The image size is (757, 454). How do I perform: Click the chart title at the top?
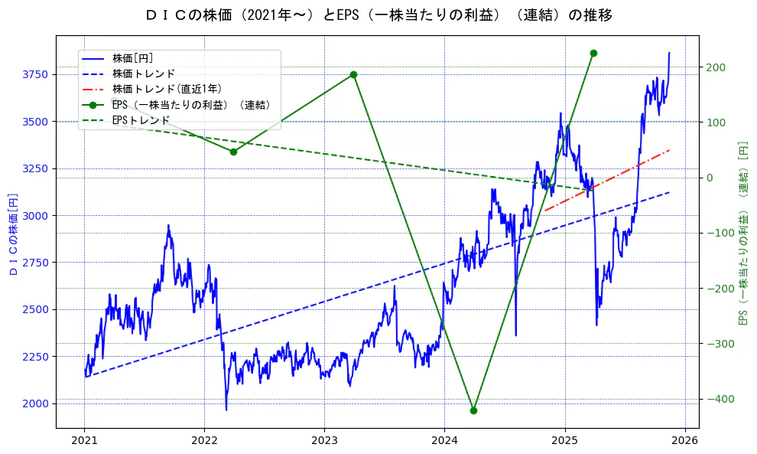(378, 15)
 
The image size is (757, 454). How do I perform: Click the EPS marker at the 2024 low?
(473, 410)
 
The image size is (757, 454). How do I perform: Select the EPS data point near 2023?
(353, 74)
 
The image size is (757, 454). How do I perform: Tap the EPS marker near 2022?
(233, 152)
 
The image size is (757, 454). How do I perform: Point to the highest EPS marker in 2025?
(593, 53)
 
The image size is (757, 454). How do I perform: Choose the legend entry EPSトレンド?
(141, 120)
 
